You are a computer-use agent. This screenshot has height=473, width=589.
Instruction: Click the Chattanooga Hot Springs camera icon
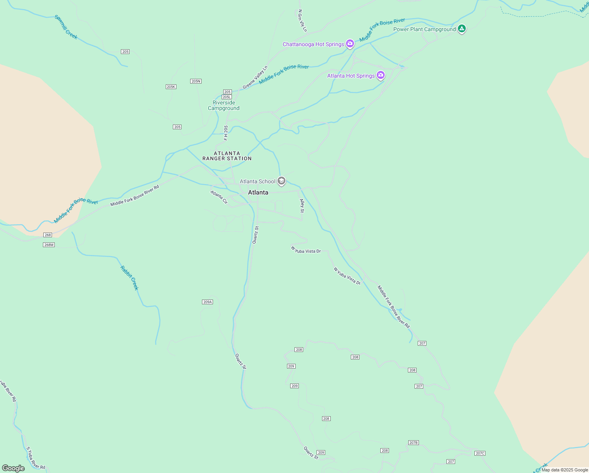tap(350, 44)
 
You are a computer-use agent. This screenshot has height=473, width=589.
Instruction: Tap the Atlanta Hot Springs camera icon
tap(380, 75)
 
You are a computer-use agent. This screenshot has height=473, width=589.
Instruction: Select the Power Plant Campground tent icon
tap(462, 29)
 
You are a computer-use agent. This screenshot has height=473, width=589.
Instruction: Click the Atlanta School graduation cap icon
tap(281, 181)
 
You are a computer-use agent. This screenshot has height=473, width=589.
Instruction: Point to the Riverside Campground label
tap(224, 106)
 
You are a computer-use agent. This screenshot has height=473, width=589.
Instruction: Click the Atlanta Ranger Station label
tap(227, 156)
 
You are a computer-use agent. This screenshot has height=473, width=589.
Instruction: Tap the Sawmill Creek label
tap(66, 27)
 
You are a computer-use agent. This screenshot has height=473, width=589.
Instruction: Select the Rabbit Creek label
tap(130, 278)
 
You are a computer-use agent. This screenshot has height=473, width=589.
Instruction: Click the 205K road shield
tap(171, 87)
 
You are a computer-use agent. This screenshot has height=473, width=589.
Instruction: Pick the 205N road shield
tap(196, 81)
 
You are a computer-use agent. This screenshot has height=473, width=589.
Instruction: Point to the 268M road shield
tap(49, 245)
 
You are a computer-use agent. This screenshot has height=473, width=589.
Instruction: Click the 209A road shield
tap(207, 302)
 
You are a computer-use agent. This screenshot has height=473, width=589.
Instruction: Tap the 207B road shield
tap(413, 443)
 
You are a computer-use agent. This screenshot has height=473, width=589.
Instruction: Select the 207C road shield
tap(480, 453)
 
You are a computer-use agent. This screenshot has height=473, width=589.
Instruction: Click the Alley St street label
tap(302, 206)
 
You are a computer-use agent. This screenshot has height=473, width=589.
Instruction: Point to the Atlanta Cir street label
tap(219, 197)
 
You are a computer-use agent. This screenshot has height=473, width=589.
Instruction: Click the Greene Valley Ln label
tap(255, 77)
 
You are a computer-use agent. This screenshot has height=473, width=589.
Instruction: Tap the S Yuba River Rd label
tap(35, 458)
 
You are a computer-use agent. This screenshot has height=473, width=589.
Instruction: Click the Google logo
tap(13, 468)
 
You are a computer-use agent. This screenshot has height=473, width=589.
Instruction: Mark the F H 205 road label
tap(226, 133)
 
